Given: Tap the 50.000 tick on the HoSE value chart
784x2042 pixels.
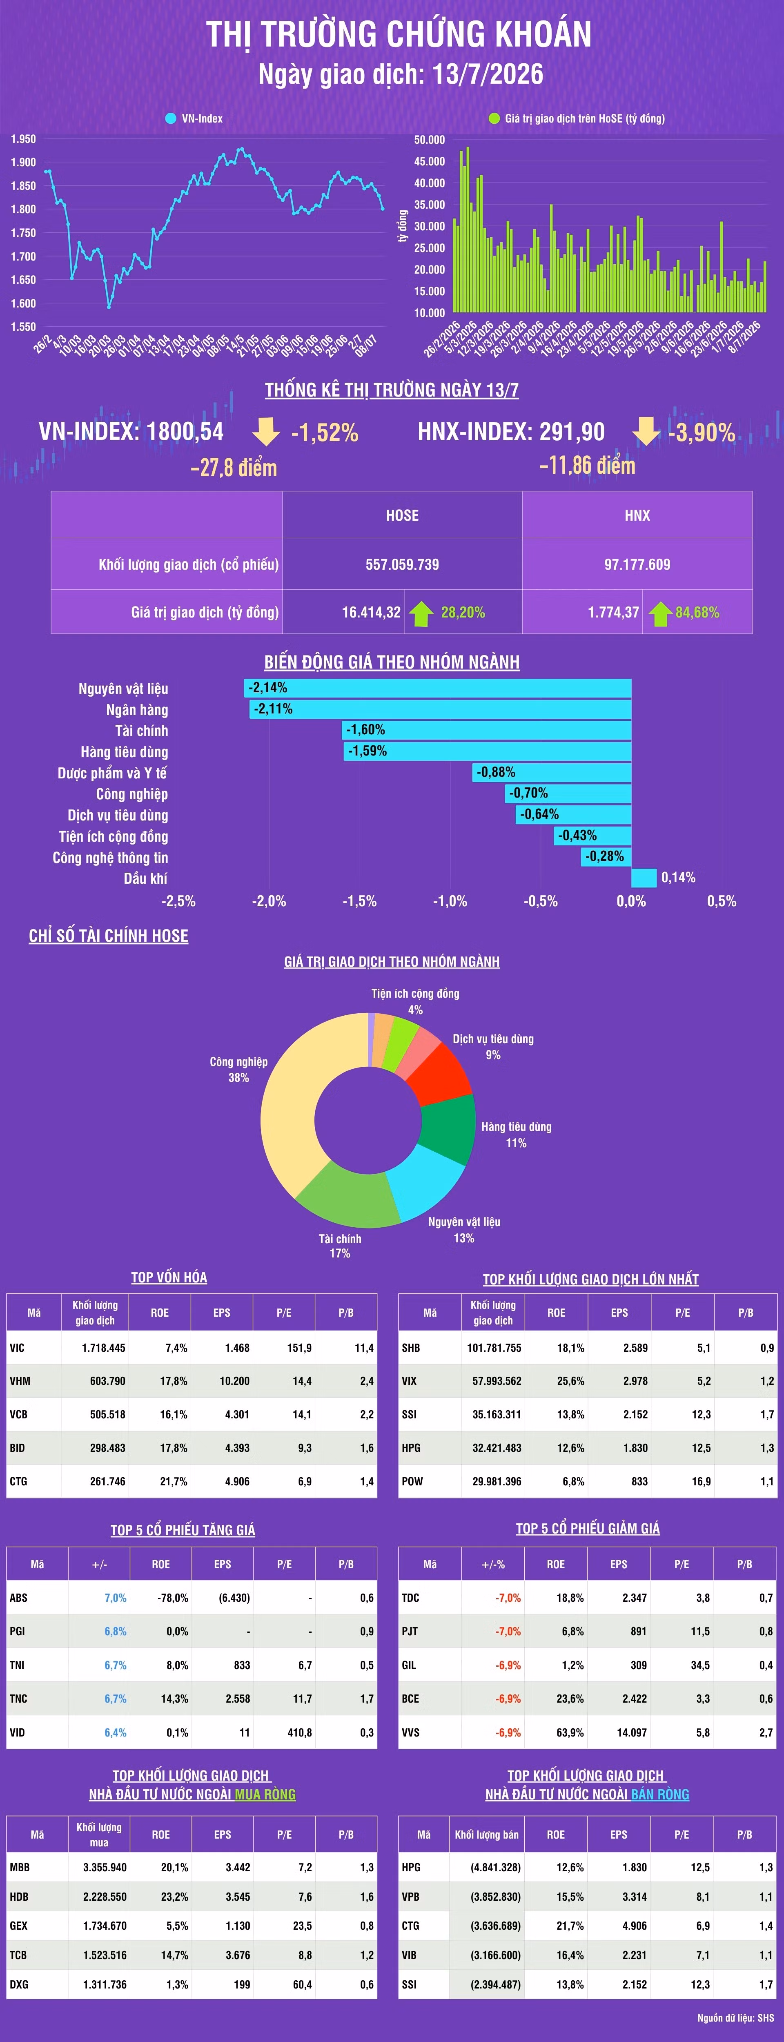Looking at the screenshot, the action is tap(430, 140).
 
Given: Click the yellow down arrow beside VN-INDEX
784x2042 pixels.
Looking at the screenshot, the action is tap(265, 431).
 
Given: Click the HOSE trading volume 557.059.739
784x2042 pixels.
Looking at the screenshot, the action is tap(402, 564).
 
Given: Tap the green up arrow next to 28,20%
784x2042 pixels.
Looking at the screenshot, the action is tap(421, 613).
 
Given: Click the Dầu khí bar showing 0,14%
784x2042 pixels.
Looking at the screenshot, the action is tap(644, 878).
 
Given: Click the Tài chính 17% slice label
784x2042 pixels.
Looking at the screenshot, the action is tap(340, 1245).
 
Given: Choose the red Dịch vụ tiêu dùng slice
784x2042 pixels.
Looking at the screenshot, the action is tap(444, 1074).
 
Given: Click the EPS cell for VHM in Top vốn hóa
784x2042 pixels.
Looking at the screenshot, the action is tap(235, 1381).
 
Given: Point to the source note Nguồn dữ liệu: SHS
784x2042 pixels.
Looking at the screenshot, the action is tap(736, 2017).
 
